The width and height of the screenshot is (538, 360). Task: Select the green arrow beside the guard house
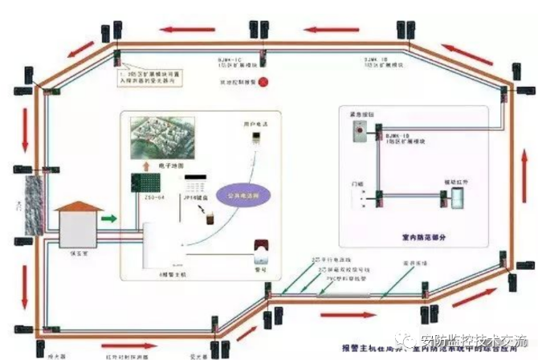coord(108,217)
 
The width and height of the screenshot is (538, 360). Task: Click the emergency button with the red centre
coord(355,136)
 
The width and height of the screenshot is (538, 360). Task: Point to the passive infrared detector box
coord(459,197)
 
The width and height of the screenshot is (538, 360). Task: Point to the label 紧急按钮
coord(353,116)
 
